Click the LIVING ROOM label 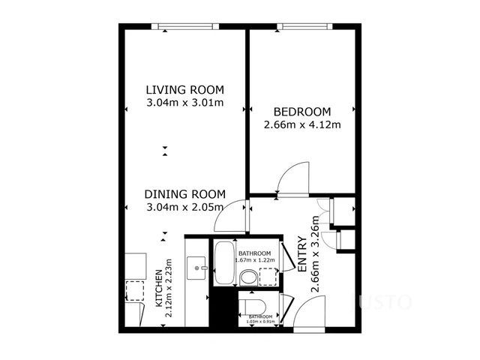click(184, 90)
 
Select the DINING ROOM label click(184, 193)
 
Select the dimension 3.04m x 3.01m click(184, 103)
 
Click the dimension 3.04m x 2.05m click(184, 206)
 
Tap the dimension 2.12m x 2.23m click(169, 289)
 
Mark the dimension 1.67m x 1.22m click(255, 261)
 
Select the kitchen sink click(198, 265)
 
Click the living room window click(184, 27)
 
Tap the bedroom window click(304, 27)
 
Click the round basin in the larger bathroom click(248, 277)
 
